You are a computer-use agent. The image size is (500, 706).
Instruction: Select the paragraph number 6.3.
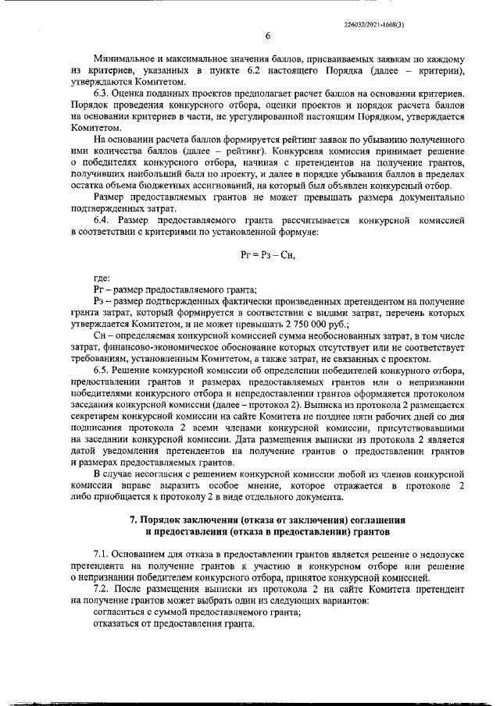click(x=102, y=94)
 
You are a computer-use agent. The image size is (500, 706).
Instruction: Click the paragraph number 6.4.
click(x=102, y=220)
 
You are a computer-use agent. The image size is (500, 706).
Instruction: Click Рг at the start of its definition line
click(x=98, y=289)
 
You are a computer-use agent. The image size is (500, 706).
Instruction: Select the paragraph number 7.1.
click(x=102, y=555)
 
